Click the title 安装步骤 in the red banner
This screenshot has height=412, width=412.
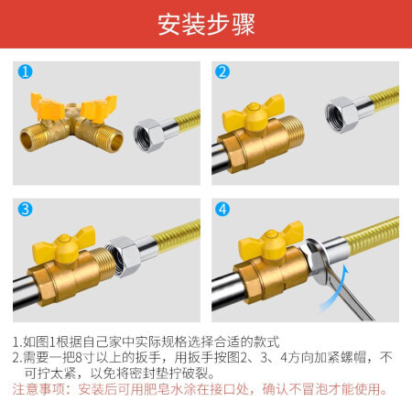click(206, 25)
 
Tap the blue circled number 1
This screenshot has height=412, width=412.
click(25, 71)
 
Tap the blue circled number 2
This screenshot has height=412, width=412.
click(222, 71)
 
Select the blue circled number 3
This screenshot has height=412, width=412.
click(25, 209)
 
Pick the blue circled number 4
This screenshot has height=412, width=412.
click(222, 209)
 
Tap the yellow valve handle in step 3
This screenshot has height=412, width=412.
click(64, 245)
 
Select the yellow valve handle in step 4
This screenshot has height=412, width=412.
click(271, 241)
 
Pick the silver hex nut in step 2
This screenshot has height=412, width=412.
click(341, 114)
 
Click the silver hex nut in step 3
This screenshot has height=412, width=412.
click(123, 256)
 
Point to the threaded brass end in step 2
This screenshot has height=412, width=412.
click(291, 135)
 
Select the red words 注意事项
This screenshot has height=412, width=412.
click(38, 389)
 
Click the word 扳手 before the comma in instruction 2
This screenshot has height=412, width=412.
click(148, 357)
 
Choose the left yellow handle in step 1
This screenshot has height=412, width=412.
click(48, 107)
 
